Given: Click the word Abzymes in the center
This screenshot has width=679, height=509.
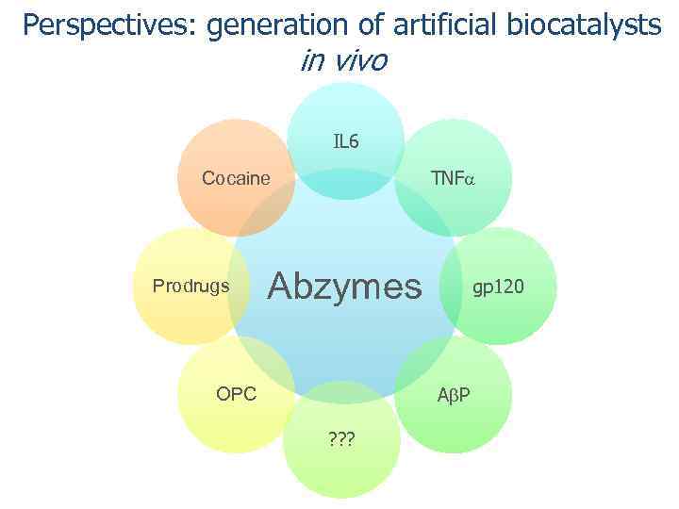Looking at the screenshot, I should click(x=346, y=285).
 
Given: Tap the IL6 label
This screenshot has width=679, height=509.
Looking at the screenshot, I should click(x=346, y=142).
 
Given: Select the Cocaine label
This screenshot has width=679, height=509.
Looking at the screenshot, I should click(x=236, y=178).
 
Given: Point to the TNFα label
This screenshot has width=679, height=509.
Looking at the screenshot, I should click(x=454, y=178).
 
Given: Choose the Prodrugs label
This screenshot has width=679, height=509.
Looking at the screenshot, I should click(x=190, y=286).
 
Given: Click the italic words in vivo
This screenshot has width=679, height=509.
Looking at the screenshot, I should click(x=342, y=61).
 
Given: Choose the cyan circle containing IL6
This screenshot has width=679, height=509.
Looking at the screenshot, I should click(x=346, y=113).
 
